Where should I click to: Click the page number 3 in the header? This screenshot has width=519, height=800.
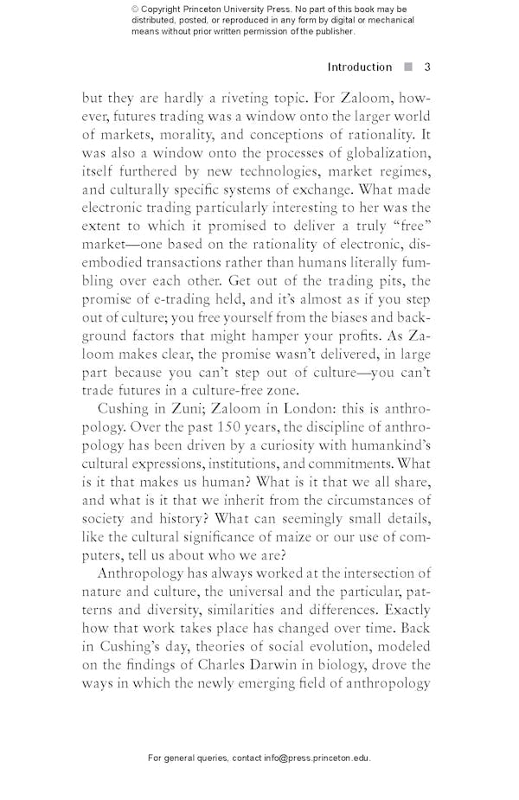pos(426,67)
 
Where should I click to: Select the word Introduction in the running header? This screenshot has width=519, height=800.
pos(360,67)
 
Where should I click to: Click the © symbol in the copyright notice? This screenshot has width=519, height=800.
pos(135,9)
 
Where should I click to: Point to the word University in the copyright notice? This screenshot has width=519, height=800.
pos(245,9)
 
